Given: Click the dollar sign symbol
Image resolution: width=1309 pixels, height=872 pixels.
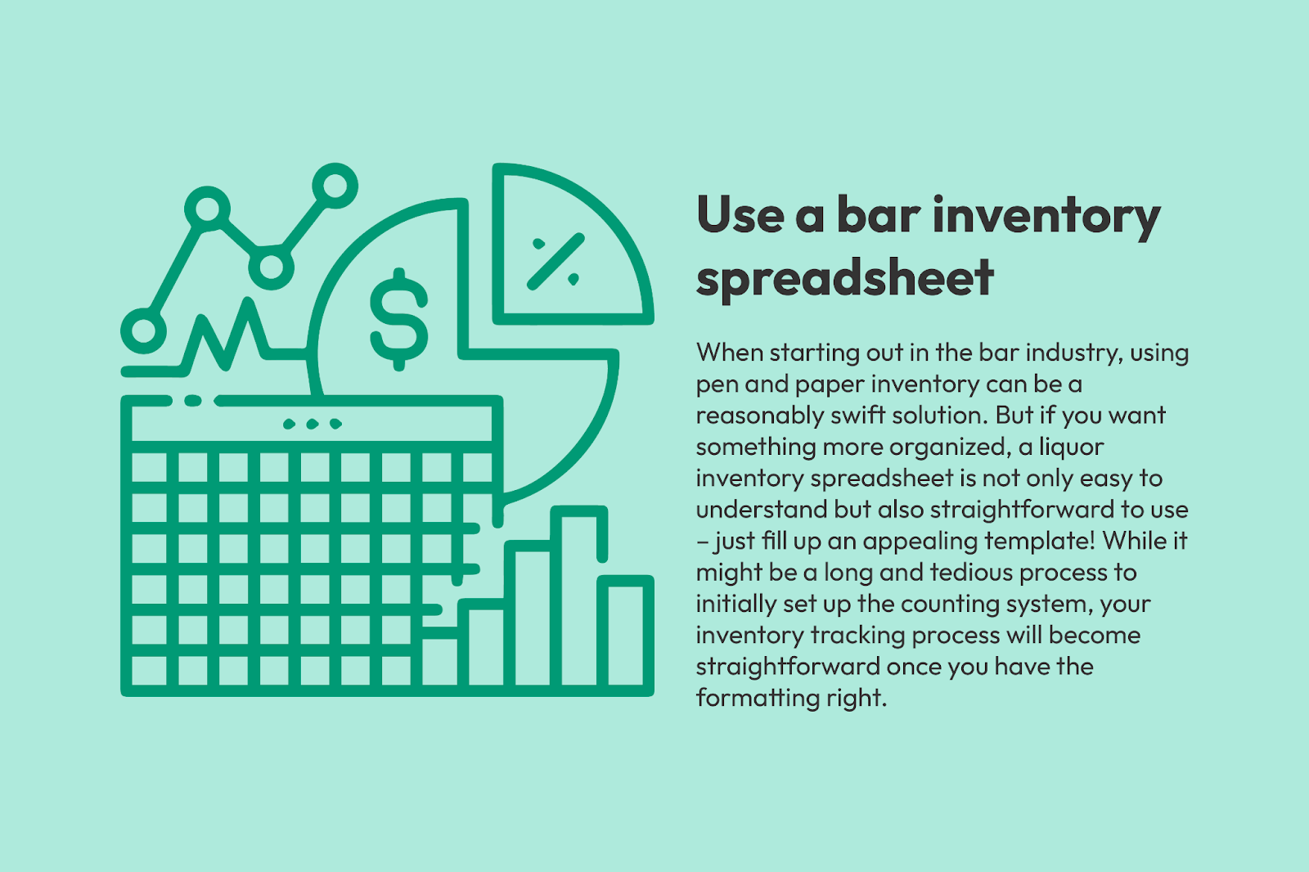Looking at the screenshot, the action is coord(399,319).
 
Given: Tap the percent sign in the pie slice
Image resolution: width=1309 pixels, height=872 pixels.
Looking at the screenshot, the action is coord(556,261).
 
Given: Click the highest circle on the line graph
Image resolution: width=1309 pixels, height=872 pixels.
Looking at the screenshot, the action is coord(335,186).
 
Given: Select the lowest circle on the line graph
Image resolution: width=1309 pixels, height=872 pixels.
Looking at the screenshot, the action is coord(143,330).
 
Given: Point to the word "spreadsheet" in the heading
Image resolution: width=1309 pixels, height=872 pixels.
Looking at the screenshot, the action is coord(845,278).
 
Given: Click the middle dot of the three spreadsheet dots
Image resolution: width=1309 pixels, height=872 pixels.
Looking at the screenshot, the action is coord(313,424).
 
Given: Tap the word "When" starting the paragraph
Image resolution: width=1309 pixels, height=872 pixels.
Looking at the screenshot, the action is coord(729,353).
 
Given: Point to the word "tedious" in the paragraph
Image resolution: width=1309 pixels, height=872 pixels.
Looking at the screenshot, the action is coord(971,572).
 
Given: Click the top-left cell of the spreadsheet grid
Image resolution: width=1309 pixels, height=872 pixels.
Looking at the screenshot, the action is coord(149,466).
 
